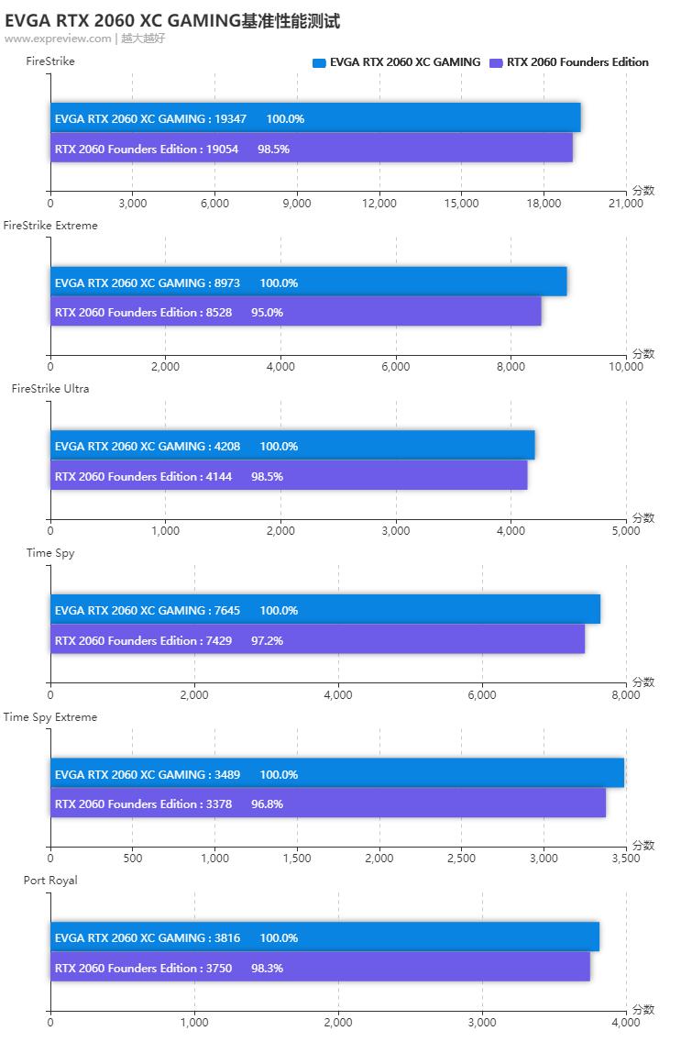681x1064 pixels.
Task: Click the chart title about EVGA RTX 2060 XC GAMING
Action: click(172, 21)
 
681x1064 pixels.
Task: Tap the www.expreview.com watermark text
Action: click(58, 39)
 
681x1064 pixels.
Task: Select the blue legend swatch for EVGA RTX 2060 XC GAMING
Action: click(319, 62)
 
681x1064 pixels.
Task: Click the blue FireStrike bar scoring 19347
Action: click(315, 118)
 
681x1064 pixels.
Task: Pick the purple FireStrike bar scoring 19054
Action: click(312, 149)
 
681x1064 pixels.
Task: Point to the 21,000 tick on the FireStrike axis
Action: click(626, 204)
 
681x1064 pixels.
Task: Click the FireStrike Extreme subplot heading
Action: click(50, 225)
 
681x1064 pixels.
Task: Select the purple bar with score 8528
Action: click(295, 312)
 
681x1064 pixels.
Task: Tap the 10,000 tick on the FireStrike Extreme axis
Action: click(626, 367)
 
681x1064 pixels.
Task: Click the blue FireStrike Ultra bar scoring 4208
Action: click(292, 446)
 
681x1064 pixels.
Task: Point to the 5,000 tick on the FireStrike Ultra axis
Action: click(626, 531)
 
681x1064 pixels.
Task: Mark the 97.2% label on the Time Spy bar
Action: click(267, 640)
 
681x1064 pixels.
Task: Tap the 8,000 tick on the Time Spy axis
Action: click(626, 695)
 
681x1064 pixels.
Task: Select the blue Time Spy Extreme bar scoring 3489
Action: click(337, 773)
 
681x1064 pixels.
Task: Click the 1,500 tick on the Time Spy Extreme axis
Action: click(297, 859)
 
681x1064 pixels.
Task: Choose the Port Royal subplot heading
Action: click(50, 881)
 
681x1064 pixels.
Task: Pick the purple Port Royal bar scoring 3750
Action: click(320, 968)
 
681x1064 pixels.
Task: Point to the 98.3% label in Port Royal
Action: click(267, 968)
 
